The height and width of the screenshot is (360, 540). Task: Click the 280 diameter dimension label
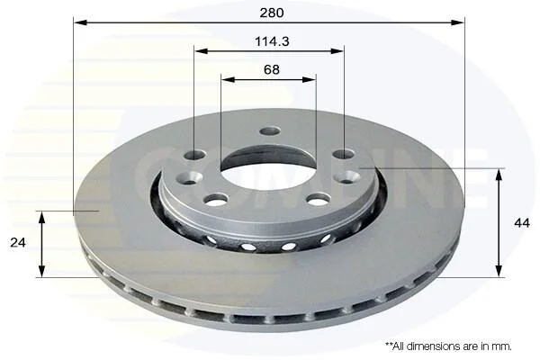point(272,13)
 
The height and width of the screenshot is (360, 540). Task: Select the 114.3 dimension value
point(272,41)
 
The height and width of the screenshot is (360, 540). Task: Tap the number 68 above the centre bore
point(272,69)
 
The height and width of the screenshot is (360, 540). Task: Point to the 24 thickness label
point(18,242)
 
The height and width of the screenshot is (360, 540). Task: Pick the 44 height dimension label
point(522,223)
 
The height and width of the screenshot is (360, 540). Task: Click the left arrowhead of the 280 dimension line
point(81,22)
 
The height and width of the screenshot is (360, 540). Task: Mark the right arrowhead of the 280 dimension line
point(458,22)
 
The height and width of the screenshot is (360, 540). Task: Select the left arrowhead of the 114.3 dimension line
point(201,51)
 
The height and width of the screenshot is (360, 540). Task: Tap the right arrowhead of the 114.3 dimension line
point(337,51)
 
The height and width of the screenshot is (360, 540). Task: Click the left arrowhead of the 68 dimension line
point(228,79)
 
